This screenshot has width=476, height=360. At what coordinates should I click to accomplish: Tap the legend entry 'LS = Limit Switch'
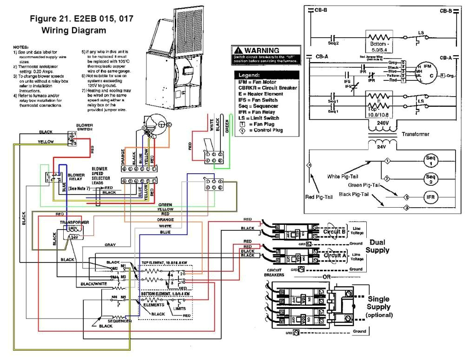[263, 118]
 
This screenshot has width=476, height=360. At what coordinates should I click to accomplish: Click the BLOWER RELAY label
[77, 178]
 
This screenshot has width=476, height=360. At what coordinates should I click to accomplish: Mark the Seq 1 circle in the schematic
[430, 161]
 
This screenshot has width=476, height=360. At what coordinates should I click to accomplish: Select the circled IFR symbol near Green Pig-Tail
[430, 196]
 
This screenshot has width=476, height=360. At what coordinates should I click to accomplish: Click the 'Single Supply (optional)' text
[379, 307]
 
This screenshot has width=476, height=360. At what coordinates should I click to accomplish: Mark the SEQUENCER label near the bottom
[119, 321]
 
